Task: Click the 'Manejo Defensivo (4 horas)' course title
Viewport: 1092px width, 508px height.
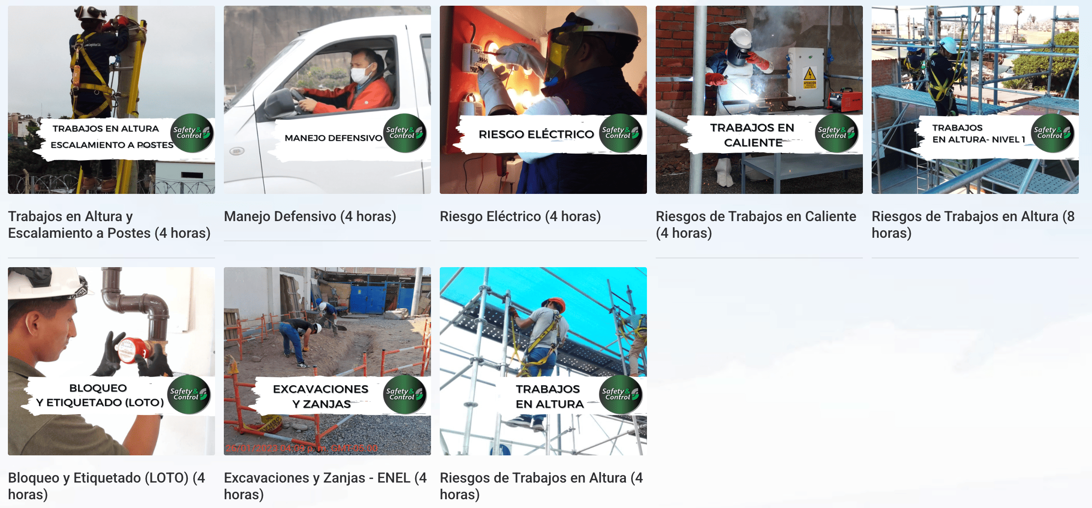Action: pos(310,216)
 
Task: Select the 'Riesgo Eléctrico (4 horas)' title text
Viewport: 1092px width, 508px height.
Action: pos(520,216)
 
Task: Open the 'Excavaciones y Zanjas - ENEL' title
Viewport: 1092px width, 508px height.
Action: pos(325,486)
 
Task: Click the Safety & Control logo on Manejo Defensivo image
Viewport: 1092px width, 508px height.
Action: pos(404,133)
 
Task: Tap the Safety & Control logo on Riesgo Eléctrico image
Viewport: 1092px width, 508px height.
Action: pos(620,133)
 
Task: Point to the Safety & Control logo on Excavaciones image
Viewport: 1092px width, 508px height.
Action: pos(404,394)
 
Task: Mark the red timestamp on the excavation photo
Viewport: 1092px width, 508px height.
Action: pos(302,448)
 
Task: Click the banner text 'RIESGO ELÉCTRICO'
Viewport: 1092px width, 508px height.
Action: pos(536,134)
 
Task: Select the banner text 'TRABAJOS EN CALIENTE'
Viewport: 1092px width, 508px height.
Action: pos(752,135)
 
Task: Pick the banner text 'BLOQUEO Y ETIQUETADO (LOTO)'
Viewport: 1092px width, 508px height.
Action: pos(100,395)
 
